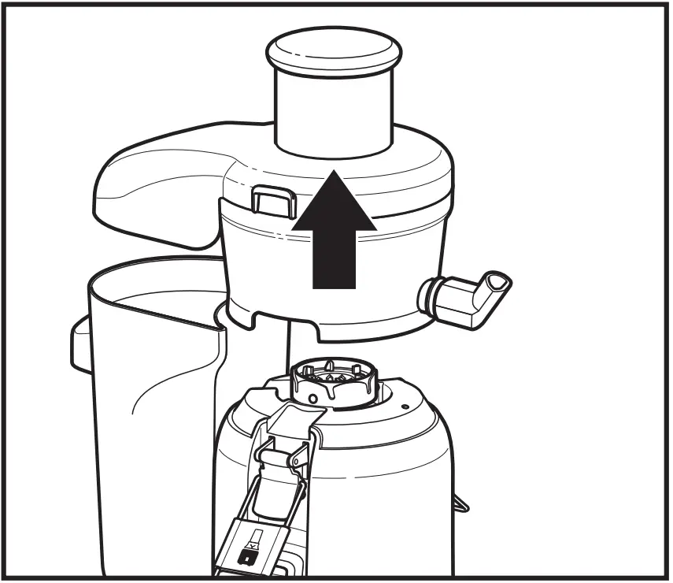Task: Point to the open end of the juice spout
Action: (496, 280)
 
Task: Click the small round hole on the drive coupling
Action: (314, 400)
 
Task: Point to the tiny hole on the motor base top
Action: (403, 407)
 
